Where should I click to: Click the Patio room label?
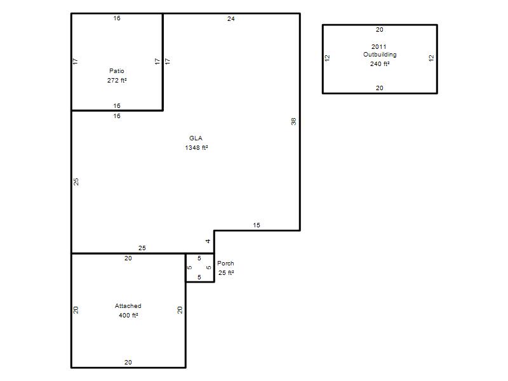pyautogui.click(x=117, y=71)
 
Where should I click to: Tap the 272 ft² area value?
pyautogui.click(x=117, y=81)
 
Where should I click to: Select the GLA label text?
pyautogui.click(x=196, y=138)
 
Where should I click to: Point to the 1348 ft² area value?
pyautogui.click(x=196, y=148)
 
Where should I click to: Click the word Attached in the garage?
pyautogui.click(x=128, y=306)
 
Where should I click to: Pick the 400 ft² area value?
pyautogui.click(x=128, y=315)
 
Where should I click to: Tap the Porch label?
pyautogui.click(x=225, y=264)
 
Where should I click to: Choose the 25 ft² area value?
pyautogui.click(x=226, y=273)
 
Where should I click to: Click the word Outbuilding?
pyautogui.click(x=380, y=55)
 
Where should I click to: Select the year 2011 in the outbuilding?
pyautogui.click(x=378, y=46)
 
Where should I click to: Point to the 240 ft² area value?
pyautogui.click(x=380, y=64)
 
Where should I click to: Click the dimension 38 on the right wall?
pyautogui.click(x=293, y=121)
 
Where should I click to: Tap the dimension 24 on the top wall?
pyautogui.click(x=231, y=19)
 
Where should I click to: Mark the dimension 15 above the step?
pyautogui.click(x=257, y=225)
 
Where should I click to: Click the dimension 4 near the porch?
pyautogui.click(x=208, y=241)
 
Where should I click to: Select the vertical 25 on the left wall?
pyautogui.click(x=76, y=182)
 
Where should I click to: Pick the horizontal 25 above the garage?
pyautogui.click(x=142, y=248)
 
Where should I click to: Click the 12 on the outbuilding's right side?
pyautogui.click(x=431, y=58)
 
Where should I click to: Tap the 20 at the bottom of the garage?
pyautogui.click(x=128, y=362)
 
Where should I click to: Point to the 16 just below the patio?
pyautogui.click(x=117, y=116)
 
